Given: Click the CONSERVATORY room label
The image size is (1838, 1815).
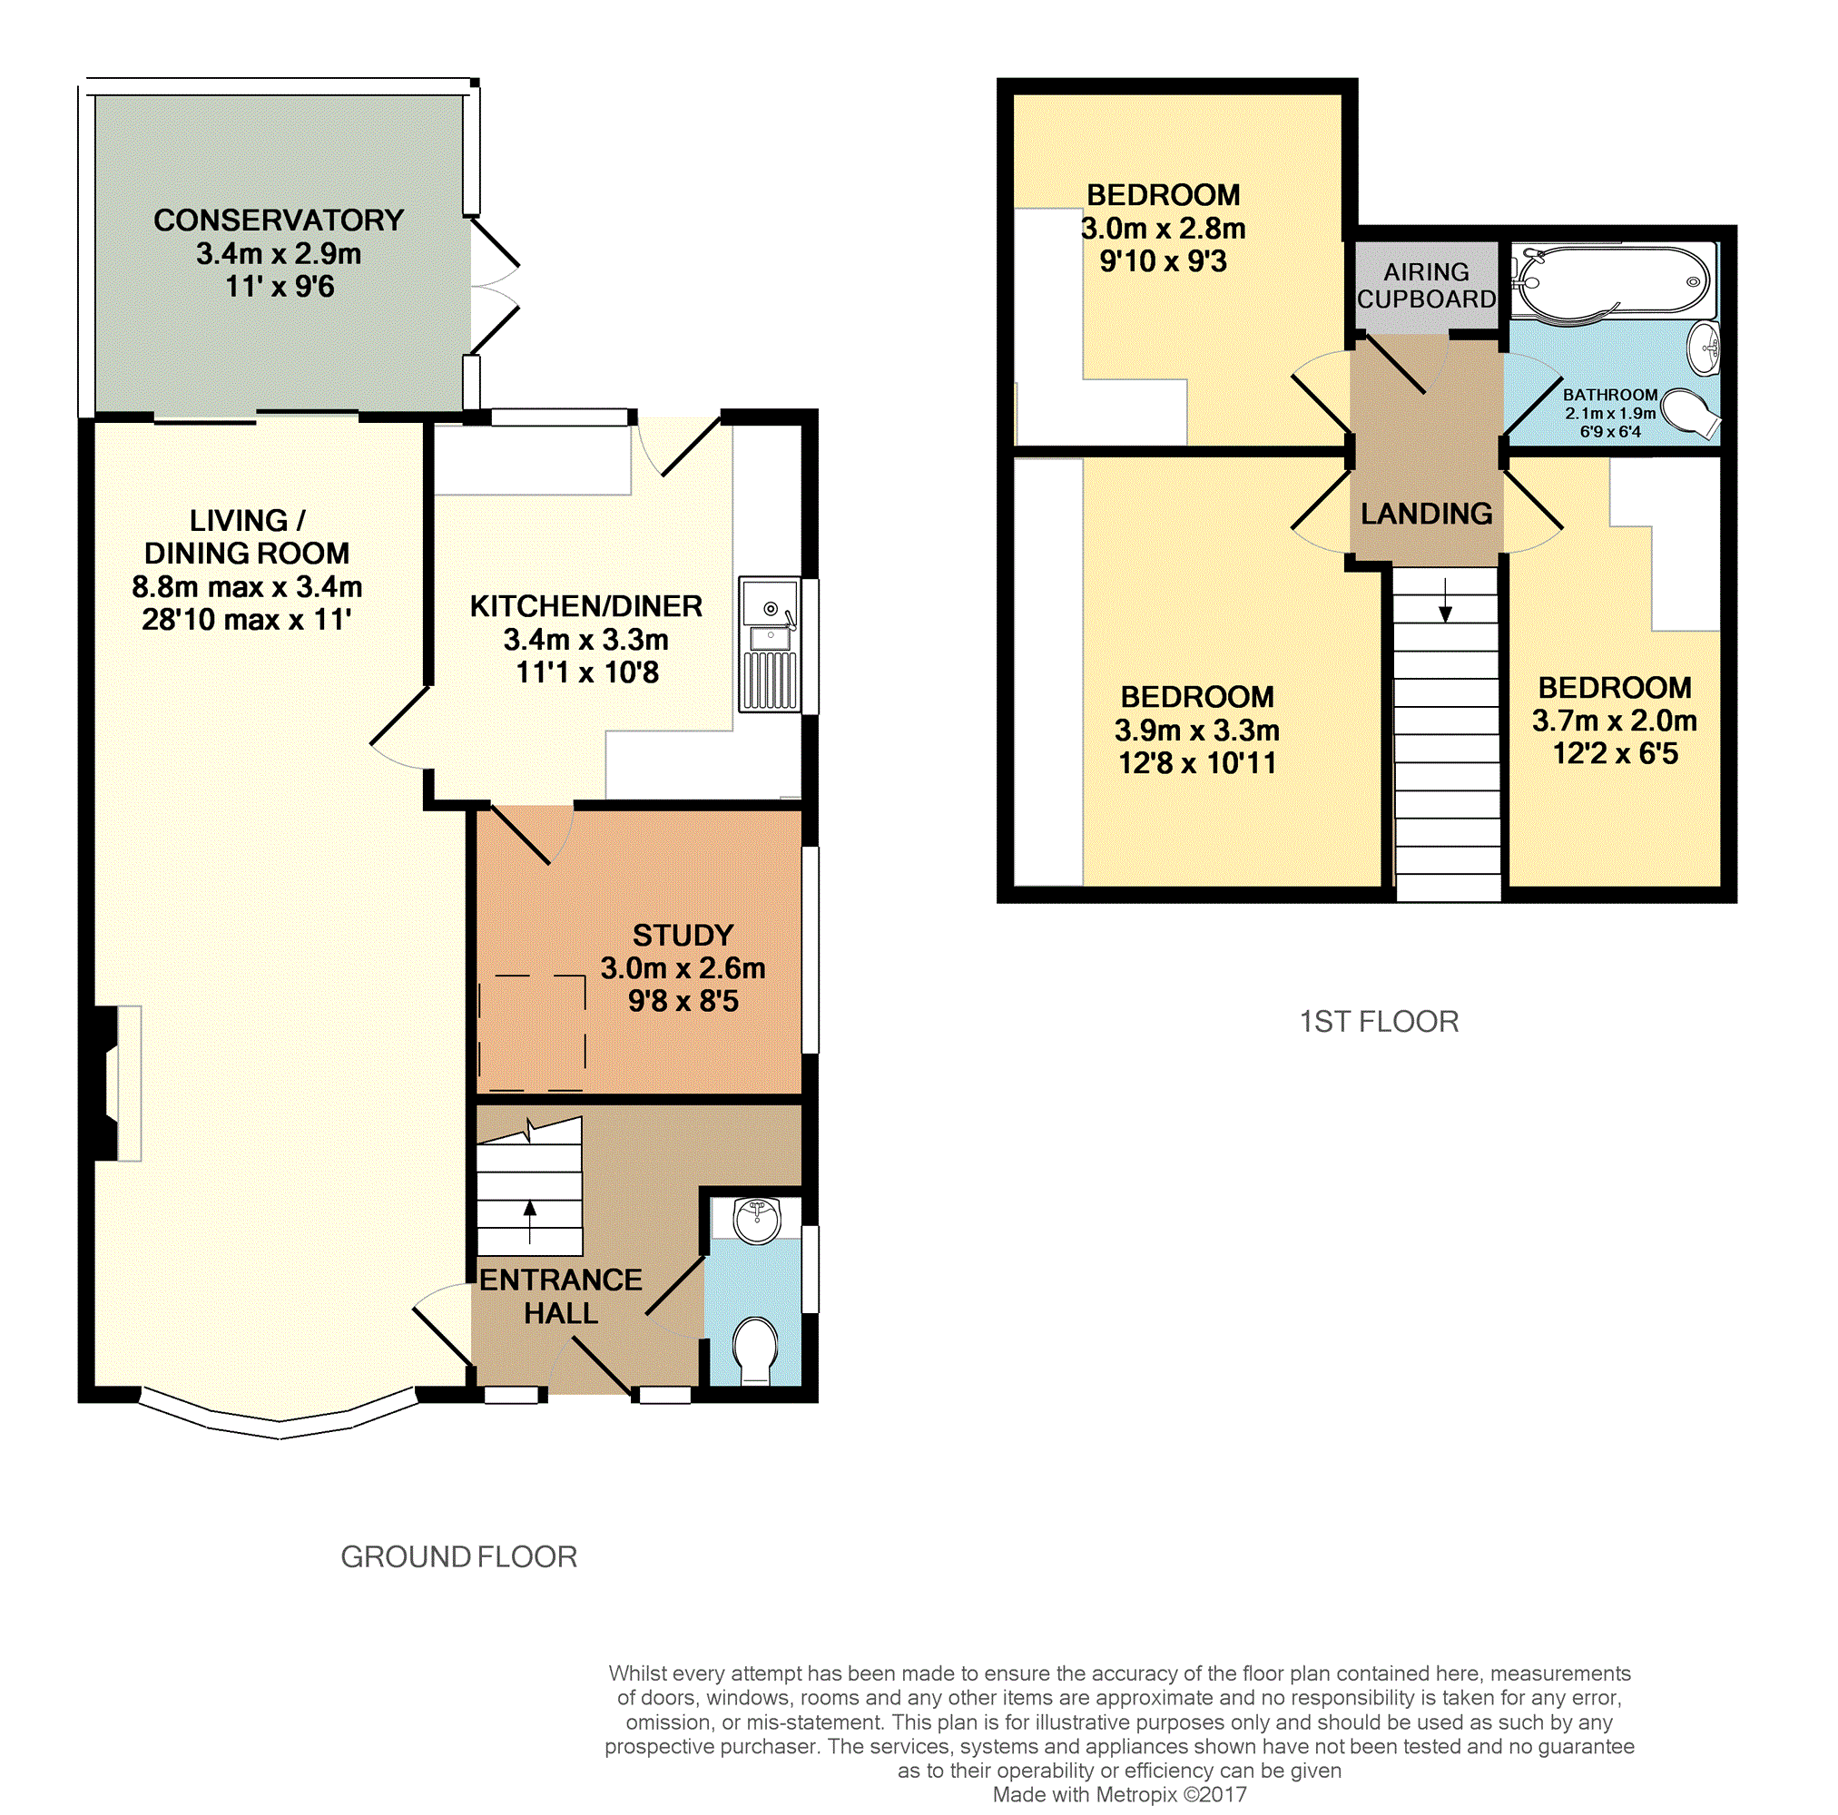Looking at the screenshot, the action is click(279, 221).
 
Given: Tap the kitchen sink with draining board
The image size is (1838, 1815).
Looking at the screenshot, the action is click(769, 645).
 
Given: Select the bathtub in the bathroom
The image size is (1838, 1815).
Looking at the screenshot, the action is click(1614, 282).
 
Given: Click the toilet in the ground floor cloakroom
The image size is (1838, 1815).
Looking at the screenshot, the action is click(756, 1349).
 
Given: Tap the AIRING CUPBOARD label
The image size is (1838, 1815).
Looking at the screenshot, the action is click(1426, 285).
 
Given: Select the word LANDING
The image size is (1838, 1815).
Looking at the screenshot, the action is click(1426, 514).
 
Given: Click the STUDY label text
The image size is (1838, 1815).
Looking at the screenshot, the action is click(683, 935).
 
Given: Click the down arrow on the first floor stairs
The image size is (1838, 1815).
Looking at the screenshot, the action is click(1445, 599).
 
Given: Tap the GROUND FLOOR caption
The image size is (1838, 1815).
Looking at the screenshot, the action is click(459, 1556).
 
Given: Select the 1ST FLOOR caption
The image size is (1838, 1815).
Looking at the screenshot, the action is click(1379, 1022).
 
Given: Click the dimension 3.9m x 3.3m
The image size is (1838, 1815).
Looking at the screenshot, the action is click(1197, 730).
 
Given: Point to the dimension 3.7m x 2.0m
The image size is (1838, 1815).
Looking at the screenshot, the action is click(1615, 721).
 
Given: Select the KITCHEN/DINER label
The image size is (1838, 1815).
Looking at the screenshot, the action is click(586, 606).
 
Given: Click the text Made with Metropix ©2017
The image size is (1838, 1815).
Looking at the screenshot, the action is click(1120, 1794).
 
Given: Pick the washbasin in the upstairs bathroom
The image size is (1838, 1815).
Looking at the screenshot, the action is click(1704, 348).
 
